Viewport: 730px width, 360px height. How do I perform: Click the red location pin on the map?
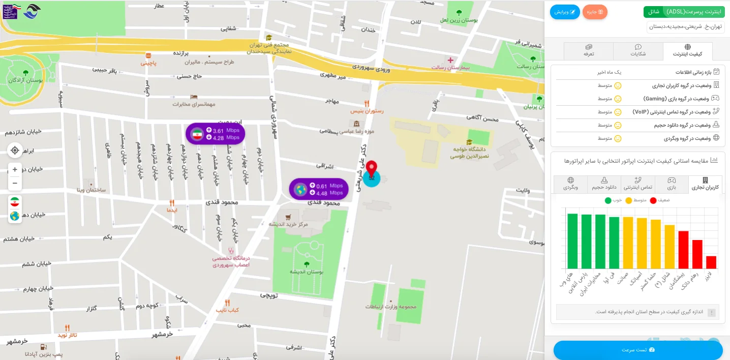(x=372, y=169)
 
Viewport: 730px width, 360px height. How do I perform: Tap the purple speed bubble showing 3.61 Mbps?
(x=215, y=134)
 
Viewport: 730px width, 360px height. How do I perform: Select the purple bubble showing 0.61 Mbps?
(x=319, y=189)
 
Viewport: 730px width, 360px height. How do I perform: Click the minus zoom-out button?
(x=15, y=183)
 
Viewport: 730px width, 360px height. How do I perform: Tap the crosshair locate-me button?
(x=15, y=150)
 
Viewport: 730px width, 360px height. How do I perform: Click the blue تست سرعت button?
(x=638, y=350)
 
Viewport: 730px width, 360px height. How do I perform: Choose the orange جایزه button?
(x=595, y=12)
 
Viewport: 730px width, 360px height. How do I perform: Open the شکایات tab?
(x=638, y=51)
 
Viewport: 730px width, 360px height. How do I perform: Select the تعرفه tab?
(x=589, y=51)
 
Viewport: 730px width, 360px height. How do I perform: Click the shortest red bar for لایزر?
(x=711, y=262)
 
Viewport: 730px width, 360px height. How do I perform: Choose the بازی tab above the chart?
(x=672, y=184)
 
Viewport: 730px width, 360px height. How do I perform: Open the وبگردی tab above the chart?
(x=570, y=184)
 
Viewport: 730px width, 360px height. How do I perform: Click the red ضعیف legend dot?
(x=653, y=200)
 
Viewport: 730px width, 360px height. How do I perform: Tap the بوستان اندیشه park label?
(x=306, y=272)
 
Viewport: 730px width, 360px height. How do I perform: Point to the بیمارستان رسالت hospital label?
(x=450, y=67)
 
